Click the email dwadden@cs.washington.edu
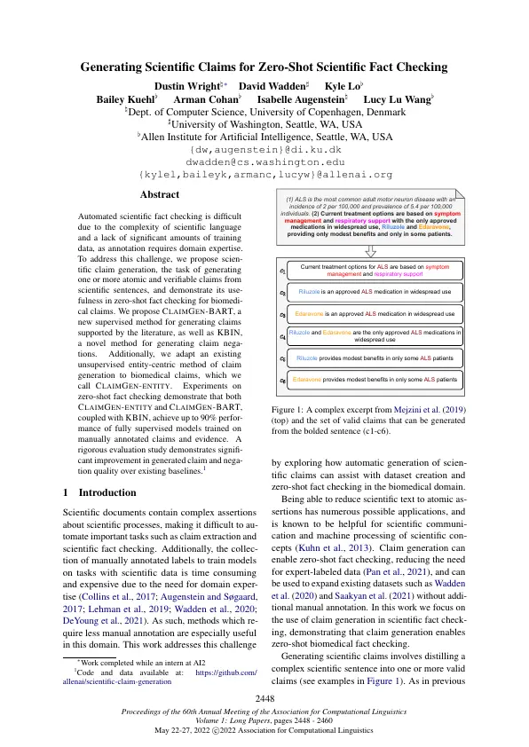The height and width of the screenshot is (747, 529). (x=264, y=162)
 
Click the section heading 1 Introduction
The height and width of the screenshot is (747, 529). (x=98, y=491)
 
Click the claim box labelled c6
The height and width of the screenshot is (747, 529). (x=375, y=379)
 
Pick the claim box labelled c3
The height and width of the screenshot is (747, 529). (x=375, y=313)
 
